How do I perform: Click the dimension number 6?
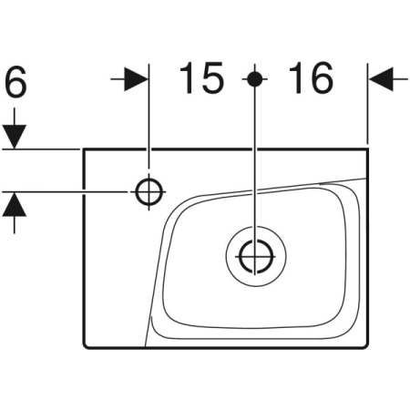pos(16,82)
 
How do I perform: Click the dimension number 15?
pos(202,77)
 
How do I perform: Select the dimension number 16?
pos(312,77)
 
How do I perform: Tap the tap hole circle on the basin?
pos(149,192)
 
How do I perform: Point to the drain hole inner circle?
pos(240,257)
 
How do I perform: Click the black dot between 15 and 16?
pos(255,79)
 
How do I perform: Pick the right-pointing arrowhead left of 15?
pos(136,79)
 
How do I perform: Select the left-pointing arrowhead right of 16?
pos(381,79)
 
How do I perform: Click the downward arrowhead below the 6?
pos(15,137)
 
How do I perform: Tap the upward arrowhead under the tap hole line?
pos(15,204)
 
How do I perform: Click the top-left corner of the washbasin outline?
pos(84,149)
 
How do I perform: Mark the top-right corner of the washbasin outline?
pos(368,149)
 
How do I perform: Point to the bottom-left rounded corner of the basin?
pos(86,346)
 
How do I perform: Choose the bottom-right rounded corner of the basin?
pos(366,346)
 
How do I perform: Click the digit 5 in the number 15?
pos(213,78)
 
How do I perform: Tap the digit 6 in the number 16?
pos(323,78)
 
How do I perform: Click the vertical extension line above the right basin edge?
pos(367,103)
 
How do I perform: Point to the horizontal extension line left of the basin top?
pos(41,149)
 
